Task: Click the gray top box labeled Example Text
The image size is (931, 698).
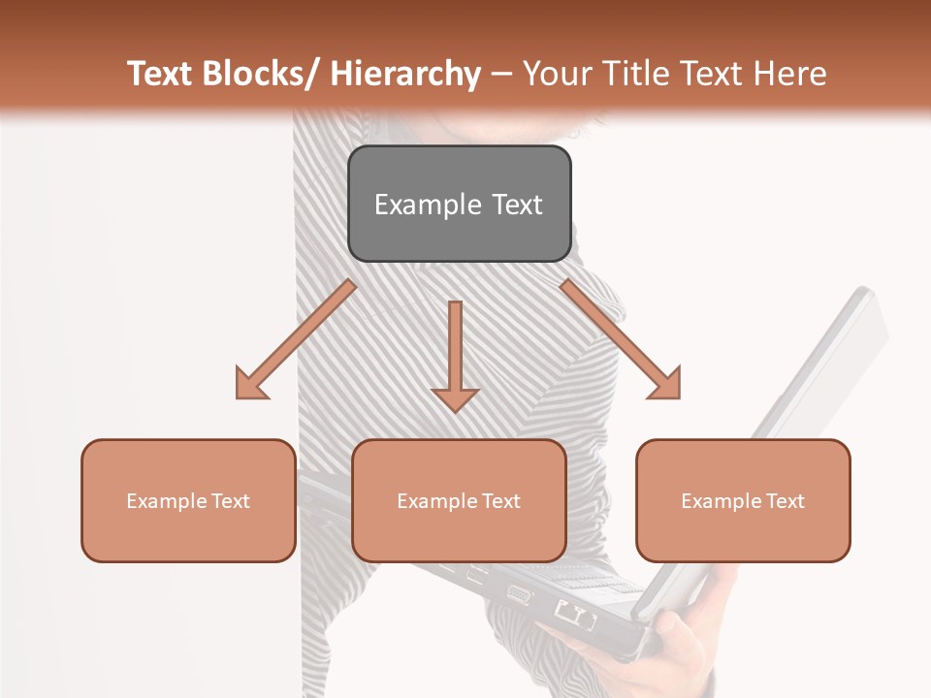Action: tap(459, 204)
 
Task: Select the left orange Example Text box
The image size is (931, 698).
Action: tap(188, 500)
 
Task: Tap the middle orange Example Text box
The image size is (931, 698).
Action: tap(459, 500)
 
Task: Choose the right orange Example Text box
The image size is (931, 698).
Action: tap(743, 500)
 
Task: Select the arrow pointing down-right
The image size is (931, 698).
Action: tap(621, 339)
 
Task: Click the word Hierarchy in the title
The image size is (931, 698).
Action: tap(404, 74)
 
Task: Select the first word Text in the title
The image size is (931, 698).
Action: tap(159, 74)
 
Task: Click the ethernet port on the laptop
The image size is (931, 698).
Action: tap(573, 614)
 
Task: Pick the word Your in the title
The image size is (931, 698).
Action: tap(557, 74)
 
